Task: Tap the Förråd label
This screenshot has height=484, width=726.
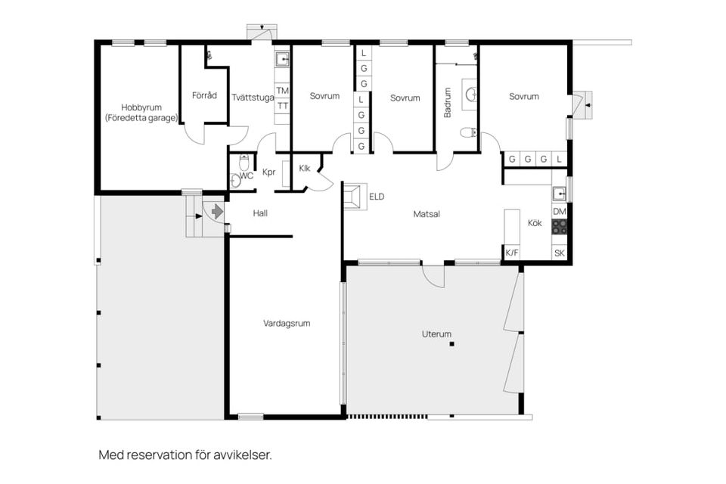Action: coord(204,96)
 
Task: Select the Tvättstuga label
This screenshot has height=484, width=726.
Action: coord(253,97)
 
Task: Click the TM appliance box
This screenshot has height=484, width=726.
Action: coord(282,91)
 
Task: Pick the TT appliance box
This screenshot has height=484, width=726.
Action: coord(282,106)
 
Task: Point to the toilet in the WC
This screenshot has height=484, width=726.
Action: coord(244,162)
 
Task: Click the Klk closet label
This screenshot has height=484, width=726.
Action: coord(306,168)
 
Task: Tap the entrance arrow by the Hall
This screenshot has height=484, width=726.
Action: coord(217,212)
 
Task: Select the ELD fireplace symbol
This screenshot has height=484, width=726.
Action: coord(353,197)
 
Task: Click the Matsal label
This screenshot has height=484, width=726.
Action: coord(427,214)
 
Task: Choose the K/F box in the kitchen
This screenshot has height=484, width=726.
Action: coord(512,253)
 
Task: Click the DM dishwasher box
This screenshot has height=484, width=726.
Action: coord(559,212)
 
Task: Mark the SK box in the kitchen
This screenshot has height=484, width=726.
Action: coord(560,253)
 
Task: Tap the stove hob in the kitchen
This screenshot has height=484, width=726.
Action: coord(560,226)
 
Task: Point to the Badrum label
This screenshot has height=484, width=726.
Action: coord(448,102)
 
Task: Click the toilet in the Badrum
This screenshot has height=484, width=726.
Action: coord(468,133)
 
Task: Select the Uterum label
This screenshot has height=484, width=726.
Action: coord(436,334)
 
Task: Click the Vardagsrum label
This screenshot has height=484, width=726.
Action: coord(287,323)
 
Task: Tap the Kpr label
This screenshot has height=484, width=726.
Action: coord(268,172)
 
